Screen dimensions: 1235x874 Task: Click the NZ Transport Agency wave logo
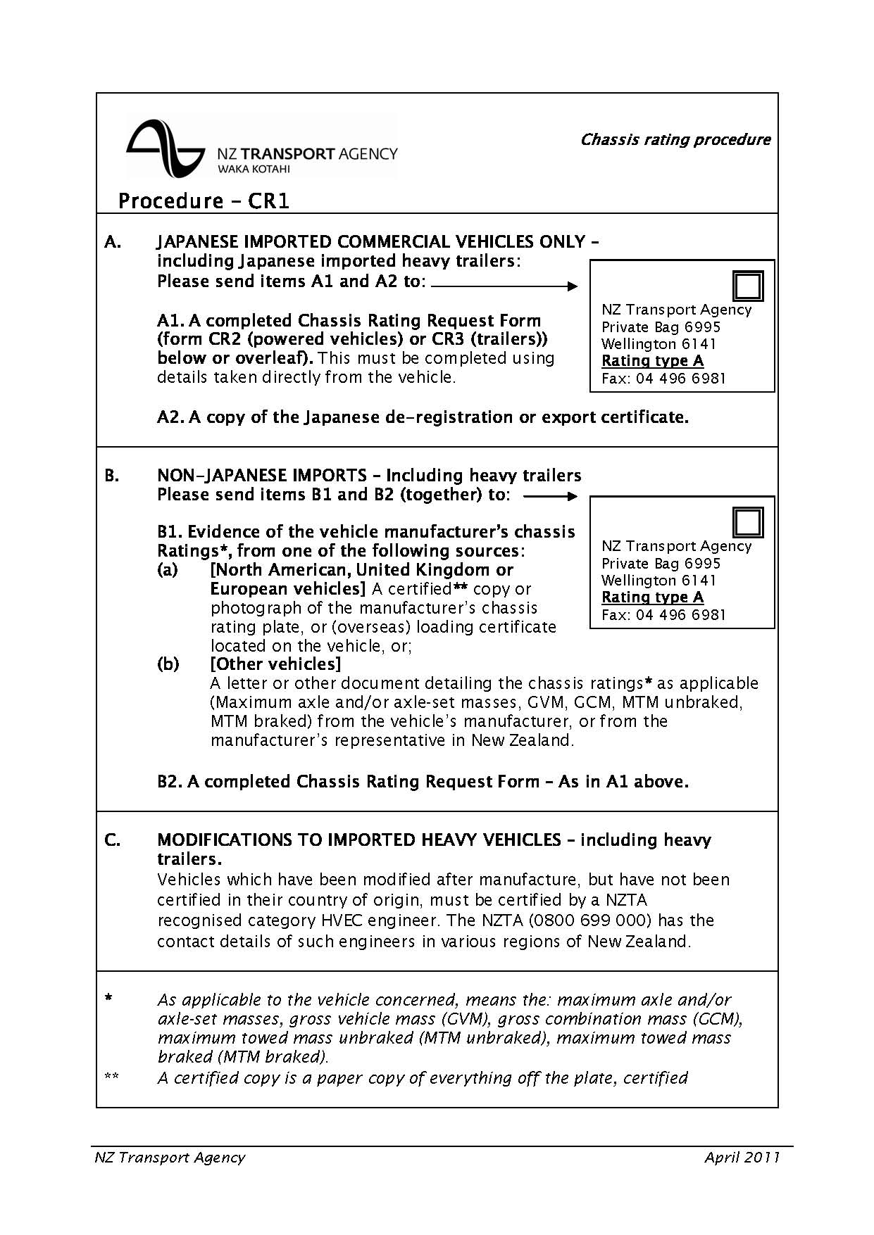166,148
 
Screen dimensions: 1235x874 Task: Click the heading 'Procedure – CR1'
204,201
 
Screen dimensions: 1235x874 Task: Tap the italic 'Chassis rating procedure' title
675,139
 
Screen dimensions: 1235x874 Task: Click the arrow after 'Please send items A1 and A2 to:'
504,286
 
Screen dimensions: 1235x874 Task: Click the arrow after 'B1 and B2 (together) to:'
550,496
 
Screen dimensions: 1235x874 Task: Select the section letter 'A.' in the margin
113,242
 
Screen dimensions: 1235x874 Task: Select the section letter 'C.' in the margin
113,840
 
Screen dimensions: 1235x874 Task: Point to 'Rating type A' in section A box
652,361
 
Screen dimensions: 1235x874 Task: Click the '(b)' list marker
168,664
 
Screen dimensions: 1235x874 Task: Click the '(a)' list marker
168,570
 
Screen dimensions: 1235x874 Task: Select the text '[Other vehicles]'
275,664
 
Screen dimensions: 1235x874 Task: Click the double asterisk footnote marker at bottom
111,1076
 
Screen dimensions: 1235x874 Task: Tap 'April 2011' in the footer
742,1158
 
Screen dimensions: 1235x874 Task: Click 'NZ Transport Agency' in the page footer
170,1158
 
